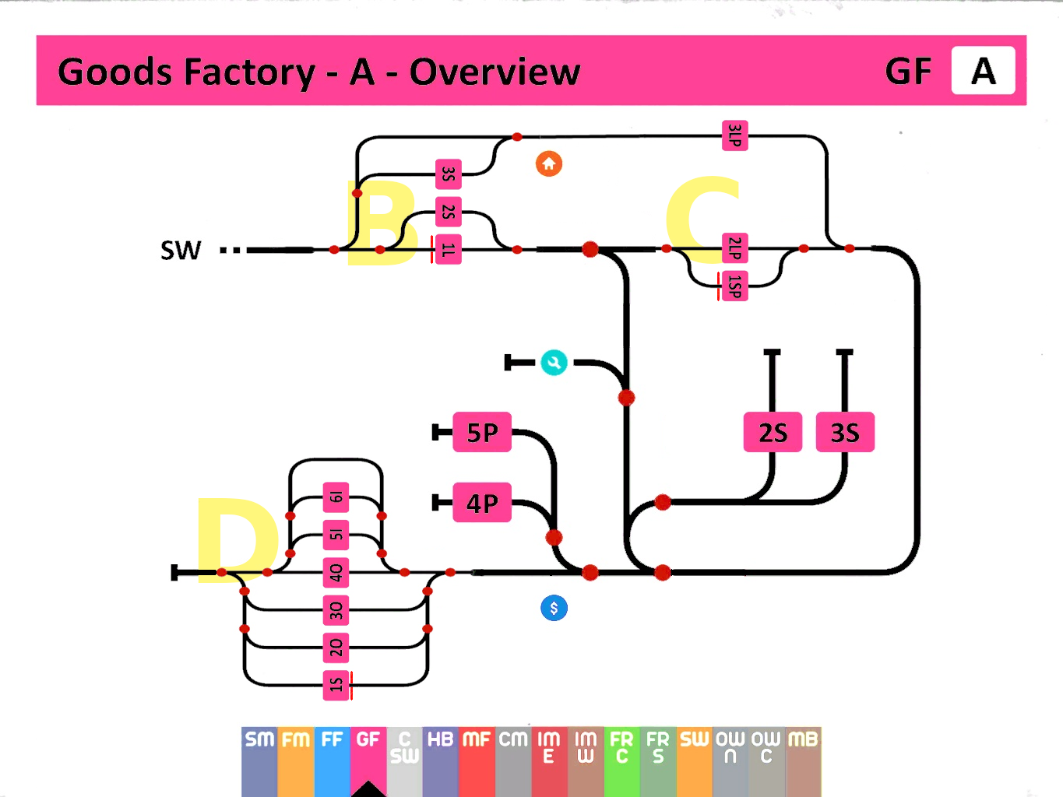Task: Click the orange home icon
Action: (549, 163)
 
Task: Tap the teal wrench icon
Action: (554, 363)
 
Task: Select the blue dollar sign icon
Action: (554, 608)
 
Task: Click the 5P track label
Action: (482, 432)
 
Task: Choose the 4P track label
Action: (482, 503)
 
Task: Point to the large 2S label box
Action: (773, 432)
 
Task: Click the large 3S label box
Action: (845, 432)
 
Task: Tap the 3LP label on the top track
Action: (735, 135)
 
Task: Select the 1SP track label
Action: (735, 286)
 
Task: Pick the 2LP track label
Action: (735, 248)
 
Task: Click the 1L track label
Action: (449, 249)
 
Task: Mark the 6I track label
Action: (336, 497)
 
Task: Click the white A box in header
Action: (983, 71)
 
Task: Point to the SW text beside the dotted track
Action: (181, 251)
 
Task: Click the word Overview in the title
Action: (495, 72)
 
